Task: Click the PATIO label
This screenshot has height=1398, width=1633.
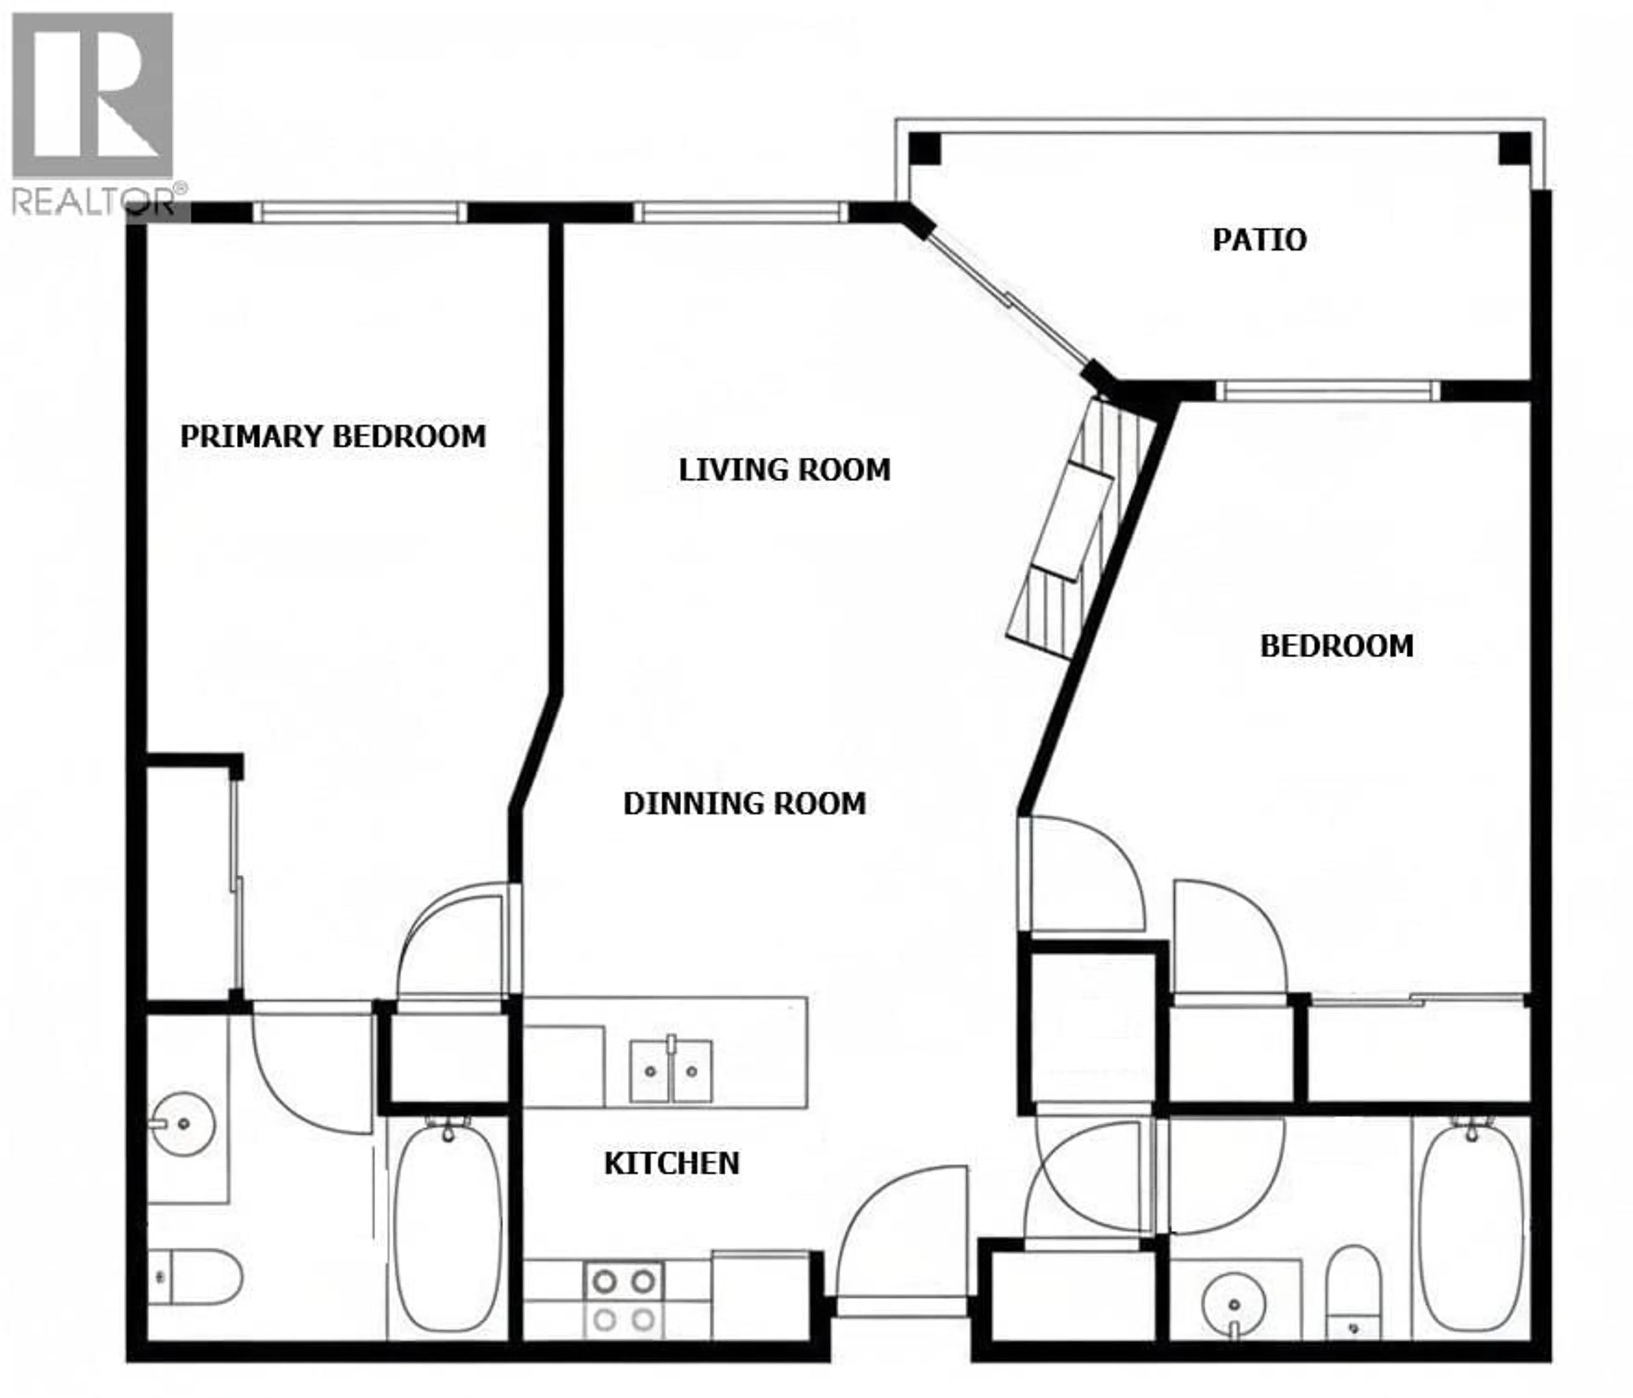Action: [1259, 240]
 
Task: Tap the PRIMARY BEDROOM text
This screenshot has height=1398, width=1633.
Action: [333, 436]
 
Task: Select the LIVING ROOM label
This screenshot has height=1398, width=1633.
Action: [784, 470]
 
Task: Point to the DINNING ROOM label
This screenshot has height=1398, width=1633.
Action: [744, 804]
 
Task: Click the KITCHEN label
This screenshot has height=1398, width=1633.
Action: [671, 1163]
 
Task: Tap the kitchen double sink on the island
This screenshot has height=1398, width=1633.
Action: [671, 1071]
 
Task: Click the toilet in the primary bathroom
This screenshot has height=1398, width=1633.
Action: [197, 1277]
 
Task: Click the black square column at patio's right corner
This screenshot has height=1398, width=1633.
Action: [1513, 148]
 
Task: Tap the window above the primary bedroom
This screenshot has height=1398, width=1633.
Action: [360, 211]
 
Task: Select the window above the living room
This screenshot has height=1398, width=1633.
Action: [741, 211]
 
